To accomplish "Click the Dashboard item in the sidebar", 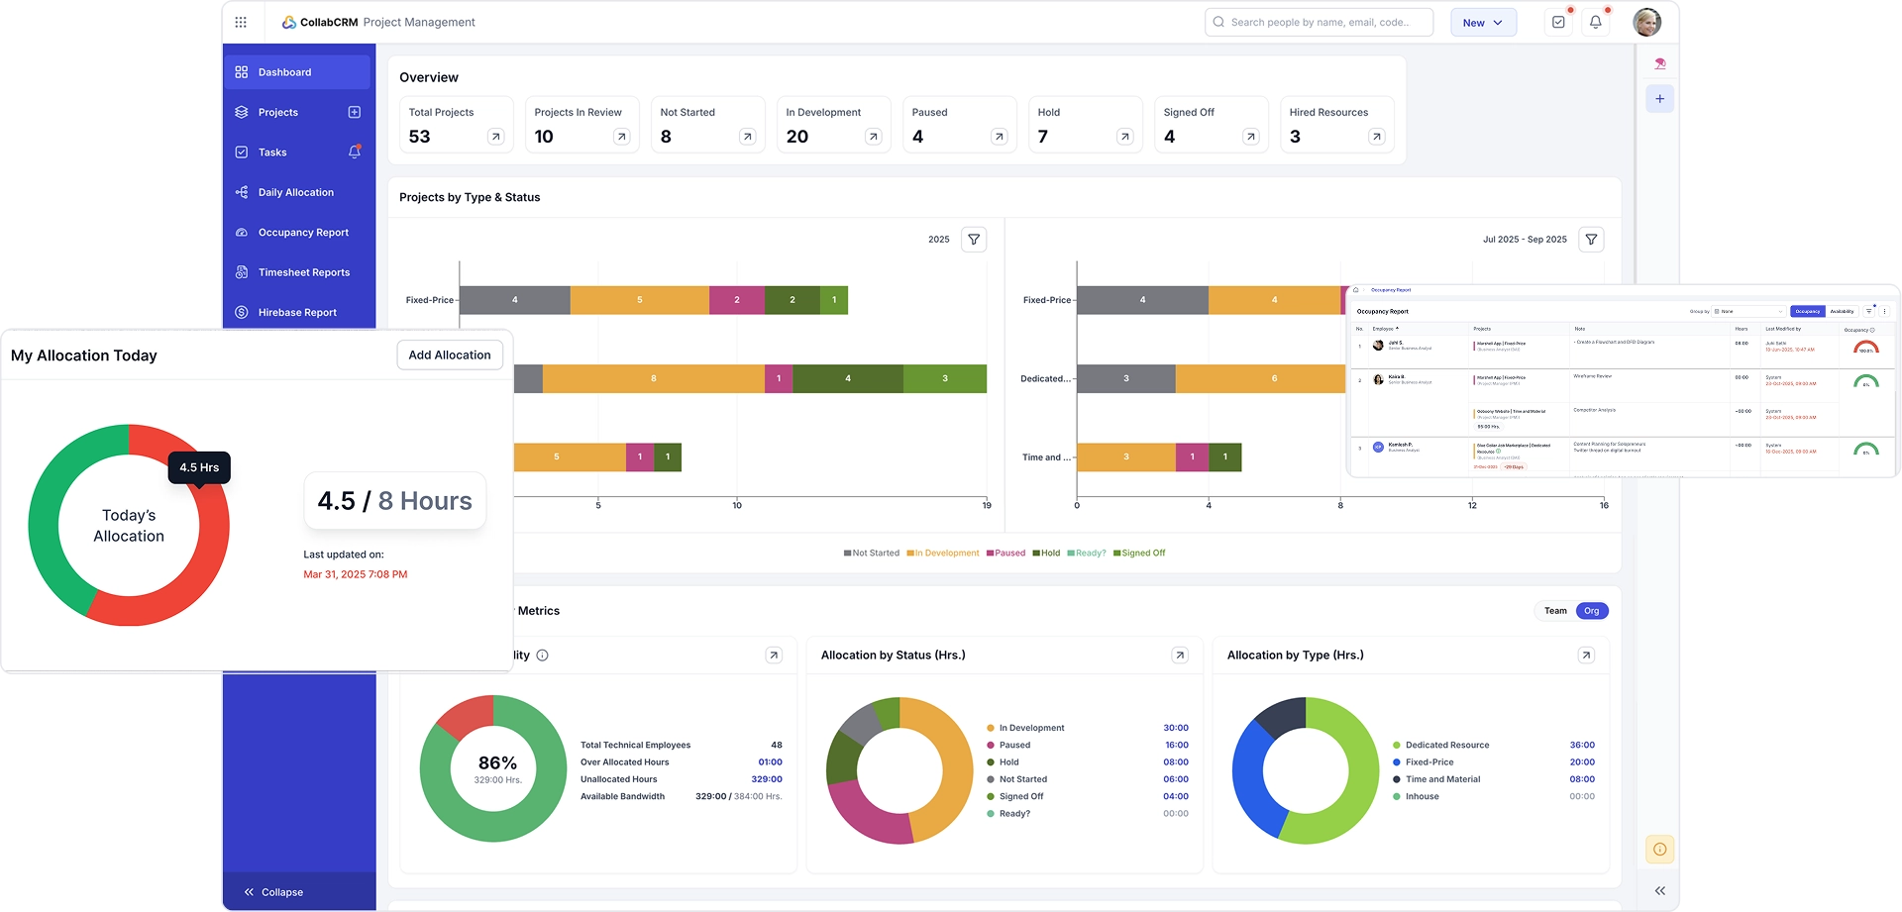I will tap(285, 72).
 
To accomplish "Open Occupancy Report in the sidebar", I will tap(303, 233).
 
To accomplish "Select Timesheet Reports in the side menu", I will tap(303, 272).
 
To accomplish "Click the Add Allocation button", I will tap(450, 355).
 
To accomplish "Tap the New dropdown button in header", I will tap(1483, 23).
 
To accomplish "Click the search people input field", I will tap(1320, 23).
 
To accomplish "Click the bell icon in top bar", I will tap(1595, 23).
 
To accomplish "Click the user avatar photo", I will tap(1646, 23).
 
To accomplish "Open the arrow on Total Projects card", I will tap(496, 138).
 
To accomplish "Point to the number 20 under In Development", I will tap(797, 137).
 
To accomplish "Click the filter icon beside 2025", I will tap(974, 240).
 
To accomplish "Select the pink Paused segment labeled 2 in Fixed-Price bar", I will tap(737, 300).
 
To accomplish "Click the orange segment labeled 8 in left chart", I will tap(654, 378).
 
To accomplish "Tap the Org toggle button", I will tap(1591, 611).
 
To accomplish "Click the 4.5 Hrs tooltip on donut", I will tap(199, 467).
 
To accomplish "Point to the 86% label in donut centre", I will tap(497, 762).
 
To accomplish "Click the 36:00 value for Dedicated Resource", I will tap(1582, 746).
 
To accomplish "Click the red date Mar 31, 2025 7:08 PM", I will tap(355, 574).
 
